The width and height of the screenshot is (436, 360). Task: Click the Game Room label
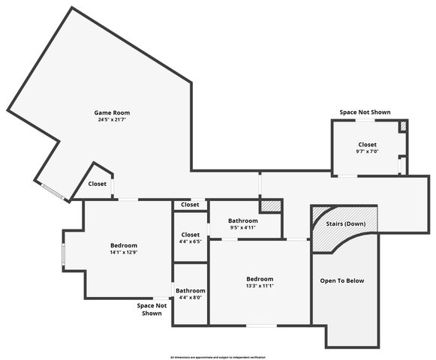pyautogui.click(x=116, y=112)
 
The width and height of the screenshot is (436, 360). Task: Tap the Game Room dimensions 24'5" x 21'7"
pyautogui.click(x=116, y=120)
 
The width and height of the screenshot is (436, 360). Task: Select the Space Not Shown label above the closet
pyautogui.click(x=365, y=112)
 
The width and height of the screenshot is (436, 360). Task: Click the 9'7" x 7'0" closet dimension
pyautogui.click(x=367, y=151)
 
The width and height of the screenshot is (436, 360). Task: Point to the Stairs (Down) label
pyautogui.click(x=346, y=224)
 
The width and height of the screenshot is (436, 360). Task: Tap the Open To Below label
pyautogui.click(x=341, y=281)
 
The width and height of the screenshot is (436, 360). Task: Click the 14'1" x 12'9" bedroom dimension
pyautogui.click(x=124, y=253)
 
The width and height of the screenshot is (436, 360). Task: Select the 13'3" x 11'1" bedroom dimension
pyautogui.click(x=260, y=286)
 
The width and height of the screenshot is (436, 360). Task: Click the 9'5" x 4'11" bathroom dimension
pyautogui.click(x=242, y=228)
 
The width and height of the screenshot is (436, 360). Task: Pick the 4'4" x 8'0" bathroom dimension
pyautogui.click(x=191, y=298)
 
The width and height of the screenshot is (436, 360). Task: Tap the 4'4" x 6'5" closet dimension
pyautogui.click(x=191, y=241)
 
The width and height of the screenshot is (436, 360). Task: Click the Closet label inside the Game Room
pyautogui.click(x=98, y=184)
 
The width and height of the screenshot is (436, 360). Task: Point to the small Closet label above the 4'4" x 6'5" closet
pyautogui.click(x=190, y=205)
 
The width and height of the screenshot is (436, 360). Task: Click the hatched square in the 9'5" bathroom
pyautogui.click(x=269, y=205)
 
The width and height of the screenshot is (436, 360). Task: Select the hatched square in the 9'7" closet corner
pyautogui.click(x=403, y=126)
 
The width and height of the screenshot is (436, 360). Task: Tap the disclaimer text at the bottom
pyautogui.click(x=218, y=357)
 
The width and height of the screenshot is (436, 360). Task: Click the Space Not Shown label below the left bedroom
pyautogui.click(x=151, y=309)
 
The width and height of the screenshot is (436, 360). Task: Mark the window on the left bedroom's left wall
pyautogui.click(x=63, y=256)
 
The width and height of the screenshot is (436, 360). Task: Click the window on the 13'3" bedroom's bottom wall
pyautogui.click(x=261, y=325)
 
